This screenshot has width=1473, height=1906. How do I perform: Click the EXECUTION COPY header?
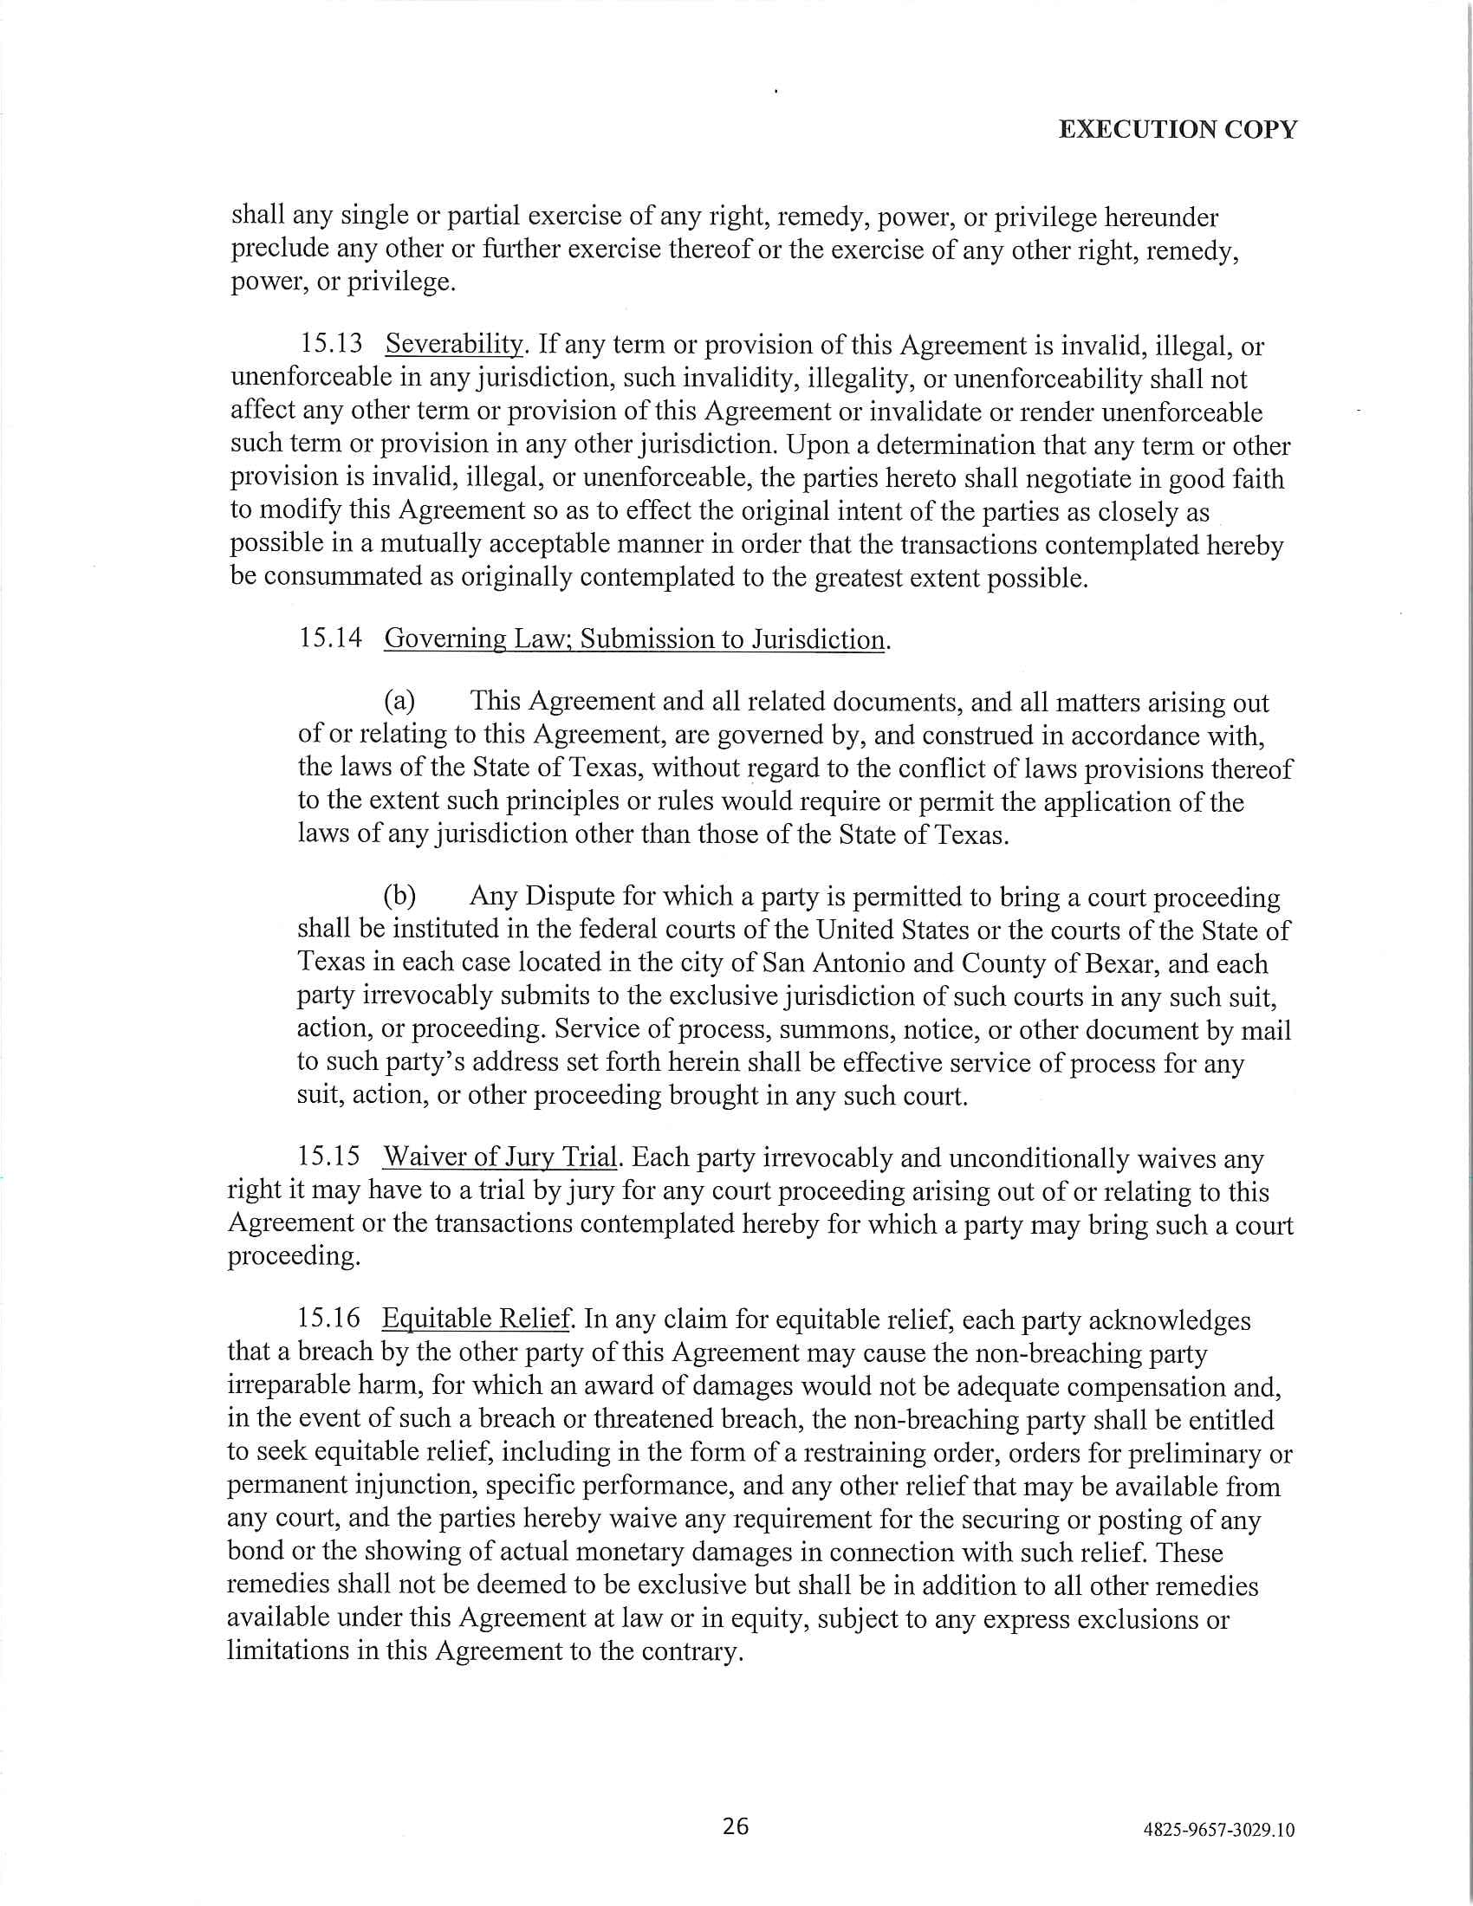coord(1178,129)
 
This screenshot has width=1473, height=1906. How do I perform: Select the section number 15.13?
coord(331,344)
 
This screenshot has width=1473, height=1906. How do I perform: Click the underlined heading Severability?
coord(454,344)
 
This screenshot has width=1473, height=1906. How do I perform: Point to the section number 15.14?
coord(330,638)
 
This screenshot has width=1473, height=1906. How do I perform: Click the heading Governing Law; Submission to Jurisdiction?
coord(634,639)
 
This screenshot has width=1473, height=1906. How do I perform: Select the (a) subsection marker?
coord(399,701)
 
